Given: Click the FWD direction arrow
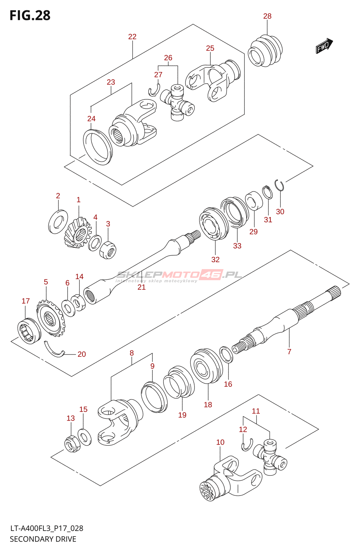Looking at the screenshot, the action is tap(324, 46).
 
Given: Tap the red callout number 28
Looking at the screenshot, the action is tap(267, 16).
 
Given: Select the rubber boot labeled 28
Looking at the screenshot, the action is tap(265, 51).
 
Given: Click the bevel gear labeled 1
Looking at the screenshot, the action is tap(78, 232).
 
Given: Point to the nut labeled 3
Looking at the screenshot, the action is tap(108, 250).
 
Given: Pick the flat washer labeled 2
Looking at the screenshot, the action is tap(58, 221).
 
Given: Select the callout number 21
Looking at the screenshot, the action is tap(142, 287).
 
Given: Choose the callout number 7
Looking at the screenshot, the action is tap(289, 352).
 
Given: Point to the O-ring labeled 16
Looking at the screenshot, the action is tap(226, 355).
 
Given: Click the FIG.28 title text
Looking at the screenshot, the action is tap(30, 15).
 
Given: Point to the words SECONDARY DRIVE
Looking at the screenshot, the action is tap(43, 539).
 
